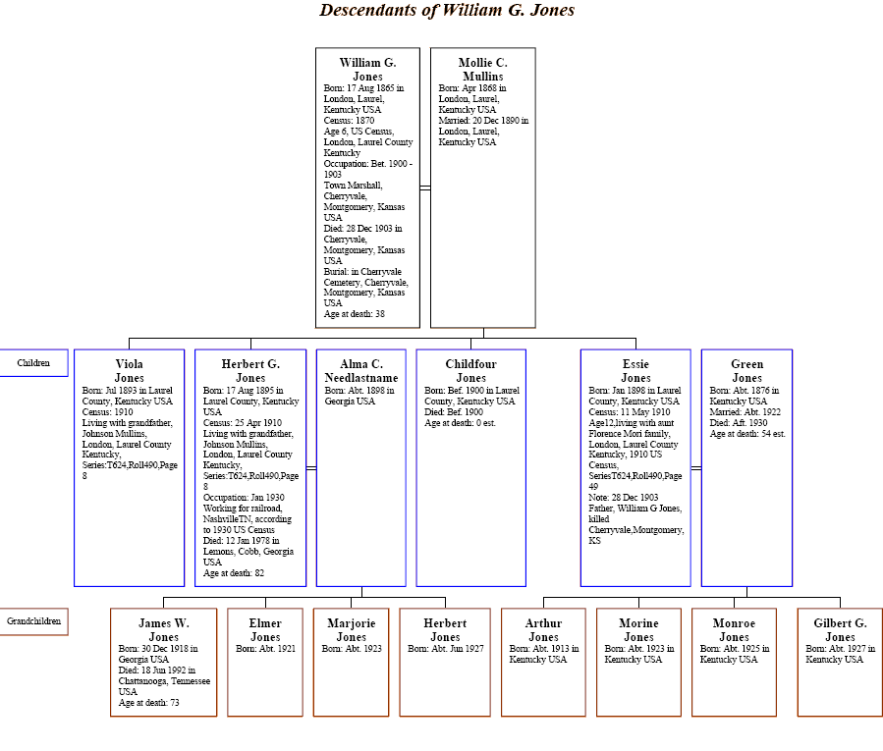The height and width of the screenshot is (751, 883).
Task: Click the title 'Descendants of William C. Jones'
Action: point(447,11)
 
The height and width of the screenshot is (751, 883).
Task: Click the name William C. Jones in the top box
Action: point(366,69)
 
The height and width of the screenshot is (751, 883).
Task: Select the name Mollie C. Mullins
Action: point(482,69)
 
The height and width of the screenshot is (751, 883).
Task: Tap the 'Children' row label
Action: point(34,362)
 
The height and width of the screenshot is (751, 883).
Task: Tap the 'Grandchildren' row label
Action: point(34,620)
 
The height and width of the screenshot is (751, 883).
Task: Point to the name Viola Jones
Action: point(130,370)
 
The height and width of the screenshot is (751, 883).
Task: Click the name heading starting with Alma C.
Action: point(360,370)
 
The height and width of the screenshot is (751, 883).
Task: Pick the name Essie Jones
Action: point(635,370)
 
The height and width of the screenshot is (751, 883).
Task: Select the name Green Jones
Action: point(746,370)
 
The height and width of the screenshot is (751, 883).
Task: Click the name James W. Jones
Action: point(163,629)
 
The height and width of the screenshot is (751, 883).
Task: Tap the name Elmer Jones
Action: point(265,629)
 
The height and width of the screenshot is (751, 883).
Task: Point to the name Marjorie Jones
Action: point(351,629)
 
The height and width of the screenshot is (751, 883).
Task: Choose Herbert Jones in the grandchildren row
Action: point(443,629)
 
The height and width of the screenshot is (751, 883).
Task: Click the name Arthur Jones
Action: point(543,629)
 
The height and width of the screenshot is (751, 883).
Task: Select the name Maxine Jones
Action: point(638,629)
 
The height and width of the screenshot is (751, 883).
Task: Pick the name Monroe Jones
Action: point(734,629)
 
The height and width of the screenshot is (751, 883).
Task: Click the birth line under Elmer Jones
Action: point(265,648)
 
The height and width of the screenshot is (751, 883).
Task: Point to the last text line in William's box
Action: point(354,313)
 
